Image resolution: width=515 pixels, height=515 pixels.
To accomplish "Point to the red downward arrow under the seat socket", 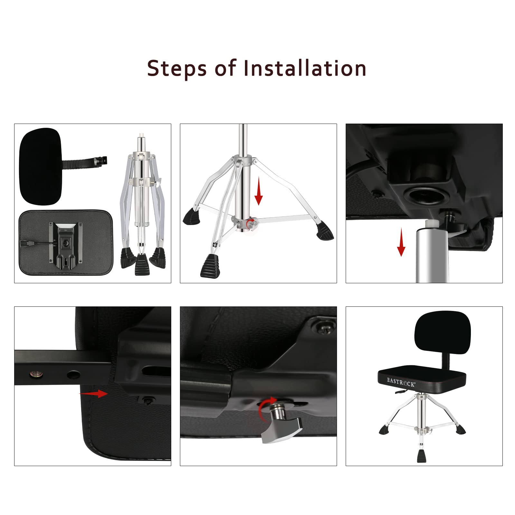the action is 401,242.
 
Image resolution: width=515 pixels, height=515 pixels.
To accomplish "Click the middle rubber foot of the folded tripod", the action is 142,264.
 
